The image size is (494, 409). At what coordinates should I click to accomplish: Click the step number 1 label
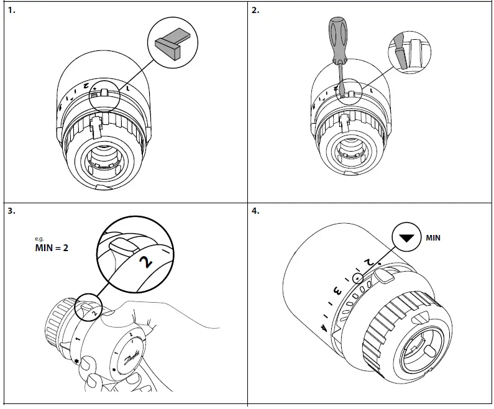(x=11, y=11)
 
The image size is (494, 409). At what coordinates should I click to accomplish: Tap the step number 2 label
(x=255, y=11)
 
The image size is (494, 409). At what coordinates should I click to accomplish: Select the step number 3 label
(x=11, y=210)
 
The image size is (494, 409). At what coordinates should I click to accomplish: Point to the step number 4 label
(x=255, y=210)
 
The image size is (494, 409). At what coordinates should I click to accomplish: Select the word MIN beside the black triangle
(x=432, y=238)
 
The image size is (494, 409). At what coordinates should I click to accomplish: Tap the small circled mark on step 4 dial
(x=357, y=278)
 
